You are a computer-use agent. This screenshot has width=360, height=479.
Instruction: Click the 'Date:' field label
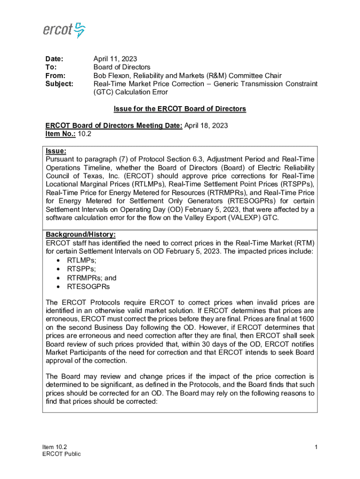[54, 59]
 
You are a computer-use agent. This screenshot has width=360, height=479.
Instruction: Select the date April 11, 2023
[115, 59]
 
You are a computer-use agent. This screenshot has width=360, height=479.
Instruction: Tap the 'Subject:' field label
[59, 84]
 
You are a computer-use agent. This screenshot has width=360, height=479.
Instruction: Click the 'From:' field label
[55, 76]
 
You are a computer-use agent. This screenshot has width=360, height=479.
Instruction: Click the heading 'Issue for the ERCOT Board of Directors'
[180, 109]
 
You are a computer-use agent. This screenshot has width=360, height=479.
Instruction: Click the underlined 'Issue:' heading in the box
[56, 151]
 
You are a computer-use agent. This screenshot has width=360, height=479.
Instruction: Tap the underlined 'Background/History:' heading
[80, 234]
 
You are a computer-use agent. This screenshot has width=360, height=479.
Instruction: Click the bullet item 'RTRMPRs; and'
[92, 278]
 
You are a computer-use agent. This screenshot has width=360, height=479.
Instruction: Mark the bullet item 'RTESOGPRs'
[89, 286]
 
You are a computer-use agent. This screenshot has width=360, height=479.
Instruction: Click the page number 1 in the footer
[316, 448]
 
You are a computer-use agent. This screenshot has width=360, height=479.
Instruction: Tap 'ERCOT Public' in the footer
[61, 454]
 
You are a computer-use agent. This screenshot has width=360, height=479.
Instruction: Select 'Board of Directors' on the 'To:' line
[122, 67]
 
